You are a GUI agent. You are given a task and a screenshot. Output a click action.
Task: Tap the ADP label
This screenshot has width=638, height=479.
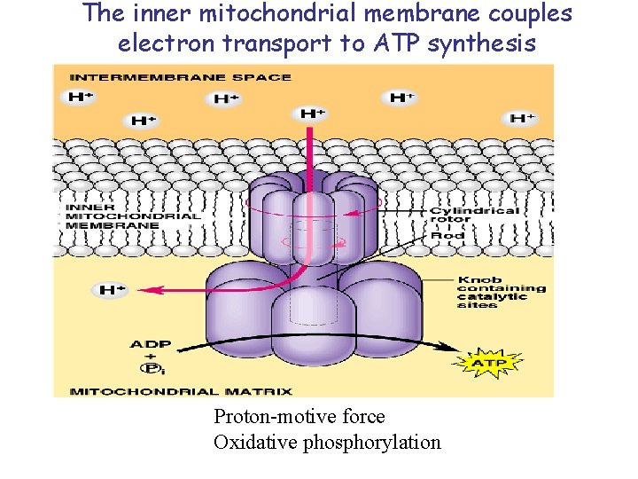click(151, 344)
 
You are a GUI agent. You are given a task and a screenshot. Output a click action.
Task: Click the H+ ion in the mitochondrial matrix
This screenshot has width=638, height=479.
click(112, 290)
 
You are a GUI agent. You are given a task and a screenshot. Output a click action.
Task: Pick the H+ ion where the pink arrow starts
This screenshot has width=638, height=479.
click(312, 114)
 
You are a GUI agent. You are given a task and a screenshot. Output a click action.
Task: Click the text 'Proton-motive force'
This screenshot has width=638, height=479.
click(300, 416)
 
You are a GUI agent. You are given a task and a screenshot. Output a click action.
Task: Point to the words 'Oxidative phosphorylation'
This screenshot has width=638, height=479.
click(327, 442)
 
